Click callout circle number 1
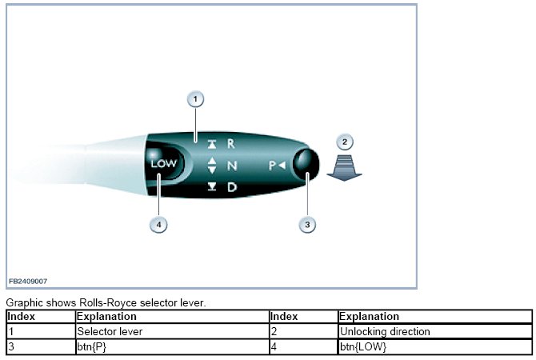(x=196, y=100)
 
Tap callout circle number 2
(x=345, y=142)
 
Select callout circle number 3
(x=307, y=225)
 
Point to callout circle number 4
(x=160, y=225)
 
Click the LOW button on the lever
(x=164, y=165)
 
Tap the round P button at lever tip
(x=305, y=165)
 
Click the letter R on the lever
(x=231, y=144)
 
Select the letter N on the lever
(x=232, y=166)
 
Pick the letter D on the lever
(x=231, y=187)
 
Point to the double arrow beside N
(x=212, y=166)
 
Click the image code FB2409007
(x=28, y=282)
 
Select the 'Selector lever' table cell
(x=109, y=331)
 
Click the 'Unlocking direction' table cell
(x=385, y=331)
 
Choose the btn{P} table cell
(x=93, y=346)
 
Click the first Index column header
(x=22, y=317)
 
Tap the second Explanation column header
(x=369, y=317)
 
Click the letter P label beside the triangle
(x=273, y=166)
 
